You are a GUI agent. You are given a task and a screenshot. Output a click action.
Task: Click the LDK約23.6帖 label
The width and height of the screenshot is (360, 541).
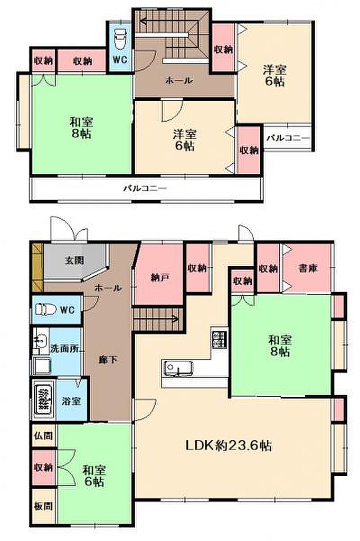pos(229,445)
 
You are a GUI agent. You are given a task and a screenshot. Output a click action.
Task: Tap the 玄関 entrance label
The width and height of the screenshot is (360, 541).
pos(74,260)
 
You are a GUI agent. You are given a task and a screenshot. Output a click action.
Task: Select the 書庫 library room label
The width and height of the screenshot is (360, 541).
pos(308,268)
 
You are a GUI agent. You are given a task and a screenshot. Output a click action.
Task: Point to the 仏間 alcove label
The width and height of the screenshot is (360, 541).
pos(43,436)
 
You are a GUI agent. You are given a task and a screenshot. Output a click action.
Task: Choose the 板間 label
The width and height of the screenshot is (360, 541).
pos(43,506)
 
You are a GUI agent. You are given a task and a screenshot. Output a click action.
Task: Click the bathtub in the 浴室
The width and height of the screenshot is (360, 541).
pos(44,399)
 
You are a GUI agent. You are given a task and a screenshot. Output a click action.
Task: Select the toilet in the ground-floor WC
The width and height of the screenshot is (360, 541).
pos(45,309)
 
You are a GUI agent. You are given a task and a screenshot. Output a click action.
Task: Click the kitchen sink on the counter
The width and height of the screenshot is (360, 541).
pos(178,368)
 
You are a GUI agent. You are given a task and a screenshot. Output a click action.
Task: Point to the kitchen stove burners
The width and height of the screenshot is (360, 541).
pos(219,339)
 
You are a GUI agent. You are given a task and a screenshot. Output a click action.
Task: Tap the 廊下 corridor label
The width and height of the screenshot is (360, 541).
pos(108,360)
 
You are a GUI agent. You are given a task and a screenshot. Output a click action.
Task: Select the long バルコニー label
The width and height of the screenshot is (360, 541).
pos(145,189)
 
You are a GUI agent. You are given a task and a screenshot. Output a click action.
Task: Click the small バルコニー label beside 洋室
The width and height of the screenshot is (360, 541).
pos(288,138)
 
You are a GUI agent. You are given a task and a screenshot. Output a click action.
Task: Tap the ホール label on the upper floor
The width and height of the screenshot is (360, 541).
pos(178,81)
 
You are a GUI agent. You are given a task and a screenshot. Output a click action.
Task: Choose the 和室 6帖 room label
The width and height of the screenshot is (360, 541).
pos(94,475)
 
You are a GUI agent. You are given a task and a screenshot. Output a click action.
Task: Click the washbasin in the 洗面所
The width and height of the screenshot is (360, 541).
pos(40,341)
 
